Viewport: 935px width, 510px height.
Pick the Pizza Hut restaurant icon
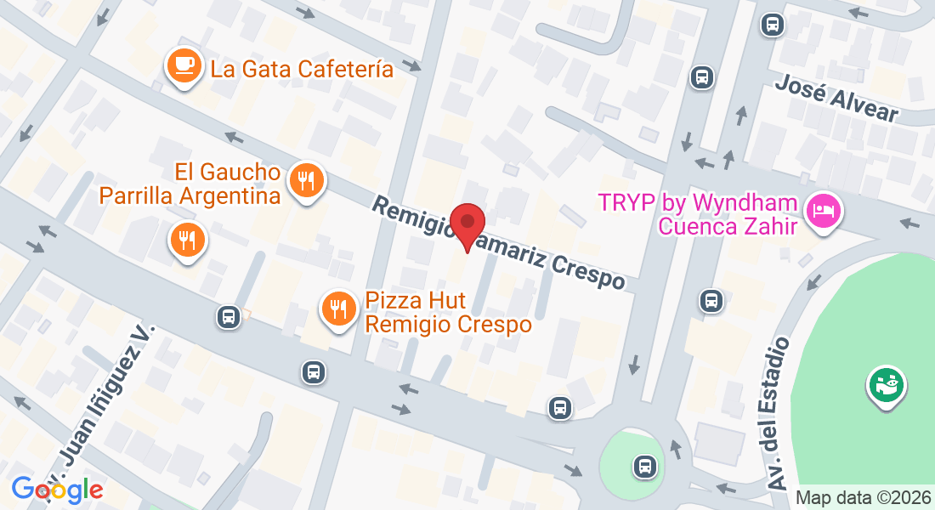(x=340, y=309)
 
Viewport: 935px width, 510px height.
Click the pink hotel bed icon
(x=824, y=208)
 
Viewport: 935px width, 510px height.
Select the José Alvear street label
(x=836, y=98)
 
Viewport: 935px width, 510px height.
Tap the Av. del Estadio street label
(x=779, y=413)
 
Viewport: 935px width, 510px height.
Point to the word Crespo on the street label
(x=586, y=270)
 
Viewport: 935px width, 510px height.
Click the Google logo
(x=57, y=489)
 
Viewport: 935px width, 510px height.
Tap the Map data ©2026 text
(x=864, y=498)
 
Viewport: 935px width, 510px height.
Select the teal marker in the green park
(x=887, y=386)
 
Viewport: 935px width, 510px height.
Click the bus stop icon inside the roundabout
(x=645, y=466)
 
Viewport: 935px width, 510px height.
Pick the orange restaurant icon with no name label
(x=186, y=241)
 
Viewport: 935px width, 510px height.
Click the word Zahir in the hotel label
(x=773, y=226)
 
